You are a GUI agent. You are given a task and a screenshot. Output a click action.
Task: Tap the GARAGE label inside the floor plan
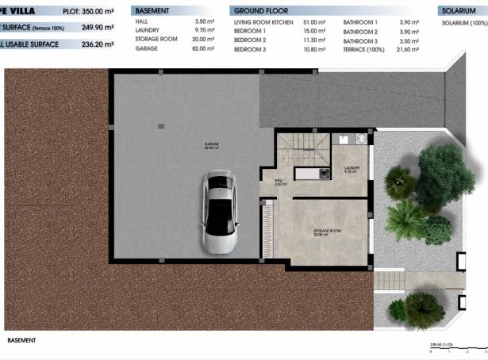point(212,145)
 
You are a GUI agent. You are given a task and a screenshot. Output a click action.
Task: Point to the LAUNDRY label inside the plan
point(352,169)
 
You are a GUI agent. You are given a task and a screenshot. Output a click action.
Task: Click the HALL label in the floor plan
point(279,181)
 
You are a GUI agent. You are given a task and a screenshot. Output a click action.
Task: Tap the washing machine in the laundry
point(361,138)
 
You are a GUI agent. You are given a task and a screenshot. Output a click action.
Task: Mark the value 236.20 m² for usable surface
point(90,44)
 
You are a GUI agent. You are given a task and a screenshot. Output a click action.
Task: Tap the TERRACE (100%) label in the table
point(366,48)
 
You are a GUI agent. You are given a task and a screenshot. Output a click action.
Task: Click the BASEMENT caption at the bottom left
point(21,340)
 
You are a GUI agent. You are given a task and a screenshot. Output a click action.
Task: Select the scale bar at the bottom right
point(457,351)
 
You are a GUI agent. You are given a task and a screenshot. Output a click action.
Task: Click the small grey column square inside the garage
point(161,125)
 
